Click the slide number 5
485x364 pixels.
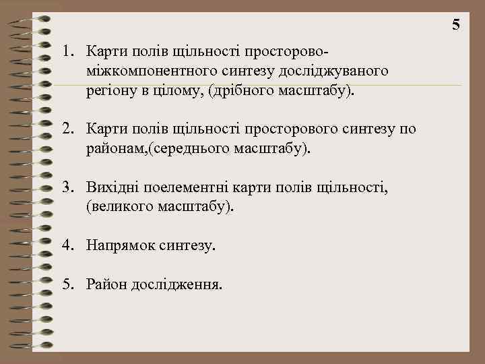tap(456, 26)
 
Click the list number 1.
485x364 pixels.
tap(67, 51)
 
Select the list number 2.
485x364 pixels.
tap(67, 129)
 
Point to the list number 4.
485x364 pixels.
tap(67, 246)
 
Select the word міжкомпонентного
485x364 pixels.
tap(148, 71)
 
